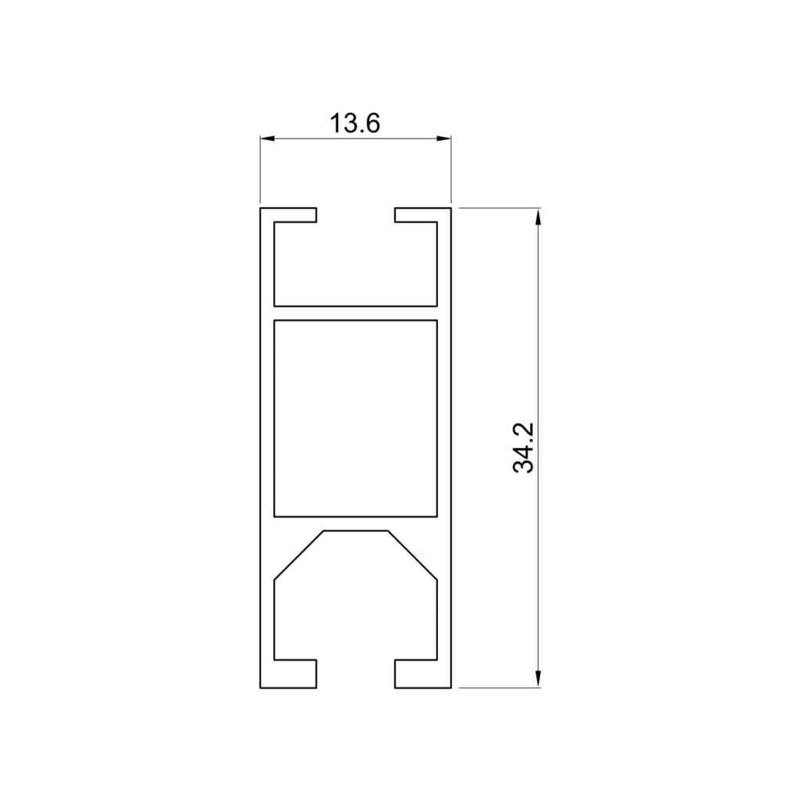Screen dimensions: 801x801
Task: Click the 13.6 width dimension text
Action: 354,123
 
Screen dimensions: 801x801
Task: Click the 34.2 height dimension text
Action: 523,447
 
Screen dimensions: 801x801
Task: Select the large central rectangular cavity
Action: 355,418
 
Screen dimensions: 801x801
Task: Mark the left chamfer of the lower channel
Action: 298,555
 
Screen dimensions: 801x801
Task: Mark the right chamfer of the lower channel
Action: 412,555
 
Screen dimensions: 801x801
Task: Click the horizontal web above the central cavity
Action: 355,313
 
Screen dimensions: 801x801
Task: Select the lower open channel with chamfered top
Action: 355,602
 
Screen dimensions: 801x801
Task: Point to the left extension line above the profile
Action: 260,168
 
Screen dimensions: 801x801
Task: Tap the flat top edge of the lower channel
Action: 355,531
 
